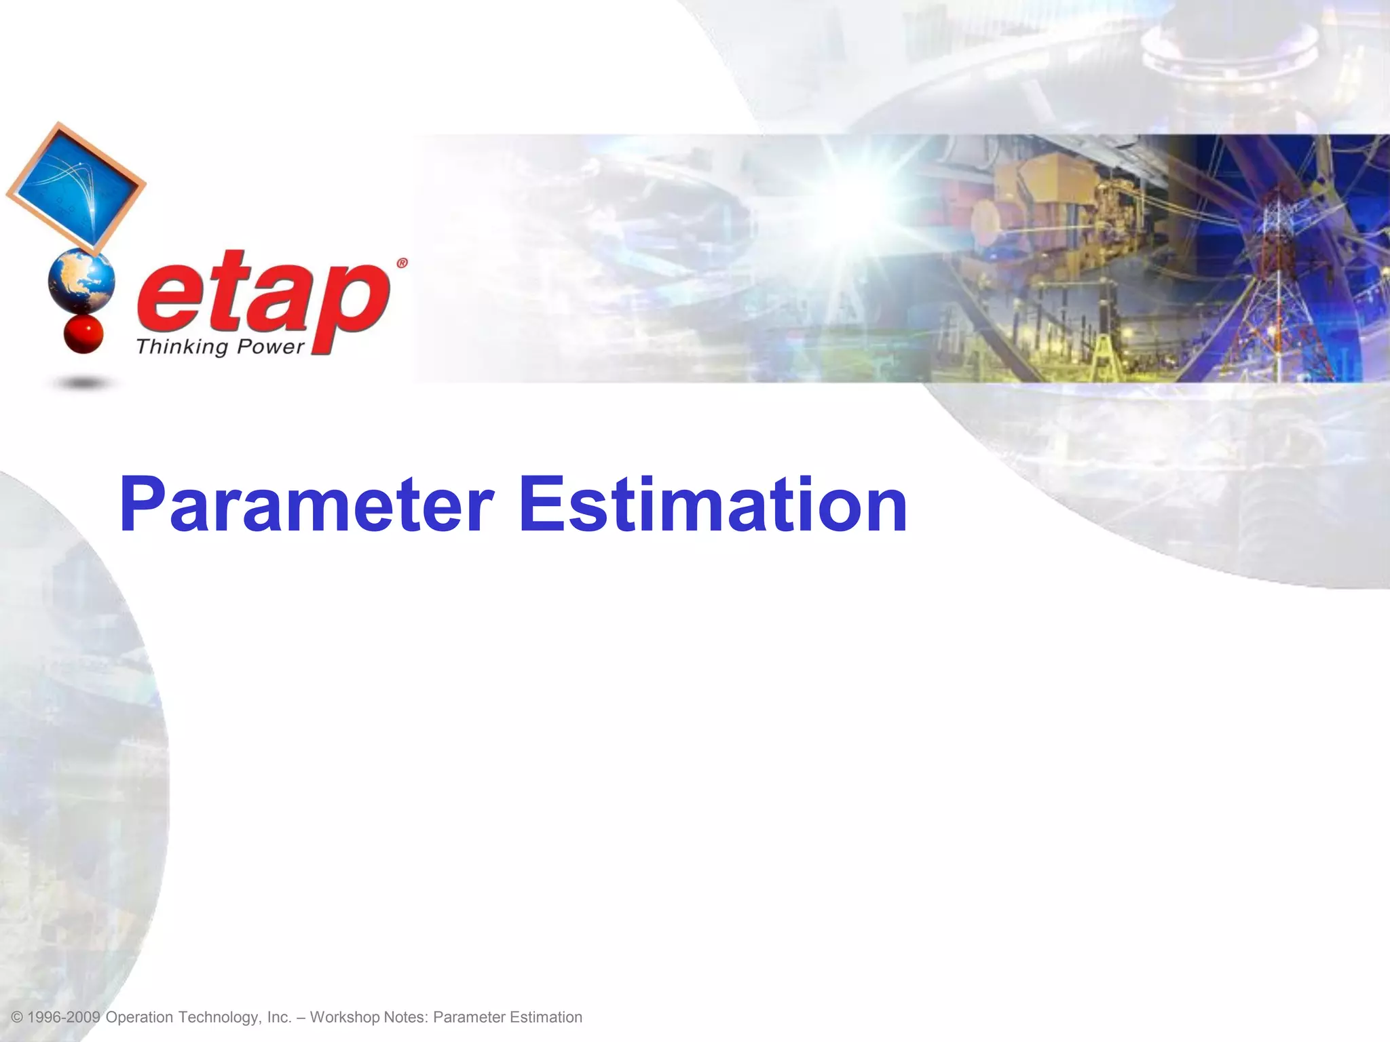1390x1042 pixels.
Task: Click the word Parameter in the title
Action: [305, 505]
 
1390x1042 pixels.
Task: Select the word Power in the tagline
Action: [270, 347]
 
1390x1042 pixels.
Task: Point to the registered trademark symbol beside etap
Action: [402, 263]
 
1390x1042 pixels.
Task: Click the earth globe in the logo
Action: [81, 280]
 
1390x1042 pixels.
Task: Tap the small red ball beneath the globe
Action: [83, 334]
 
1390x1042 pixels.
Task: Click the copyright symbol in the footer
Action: [18, 1018]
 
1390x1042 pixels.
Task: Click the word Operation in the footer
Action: [139, 1018]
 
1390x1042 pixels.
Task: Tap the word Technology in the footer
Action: [219, 1018]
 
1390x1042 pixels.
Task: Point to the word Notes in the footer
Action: [406, 1018]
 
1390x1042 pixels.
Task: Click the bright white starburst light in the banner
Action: [876, 197]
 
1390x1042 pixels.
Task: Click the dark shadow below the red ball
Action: [83, 384]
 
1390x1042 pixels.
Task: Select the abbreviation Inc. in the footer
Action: [279, 1018]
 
